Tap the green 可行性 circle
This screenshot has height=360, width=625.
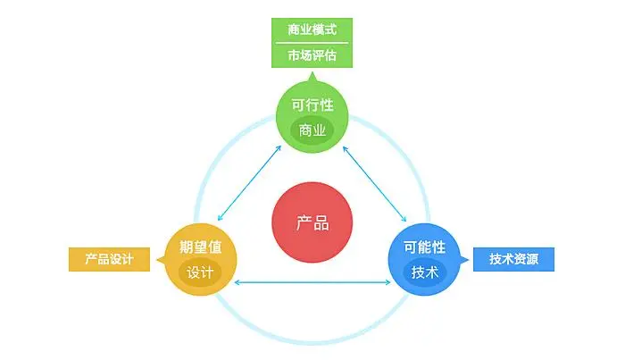tap(312, 116)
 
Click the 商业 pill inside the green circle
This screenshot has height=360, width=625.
tap(312, 130)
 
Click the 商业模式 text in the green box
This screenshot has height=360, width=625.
tap(312, 29)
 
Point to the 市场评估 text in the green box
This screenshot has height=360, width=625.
tap(312, 54)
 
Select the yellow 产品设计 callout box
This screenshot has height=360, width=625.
tap(109, 259)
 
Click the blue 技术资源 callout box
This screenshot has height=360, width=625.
tap(514, 259)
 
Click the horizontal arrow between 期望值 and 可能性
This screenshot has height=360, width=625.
tap(312, 283)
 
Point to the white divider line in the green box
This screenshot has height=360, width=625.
tap(312, 42)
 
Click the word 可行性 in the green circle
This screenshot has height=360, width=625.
tap(312, 105)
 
